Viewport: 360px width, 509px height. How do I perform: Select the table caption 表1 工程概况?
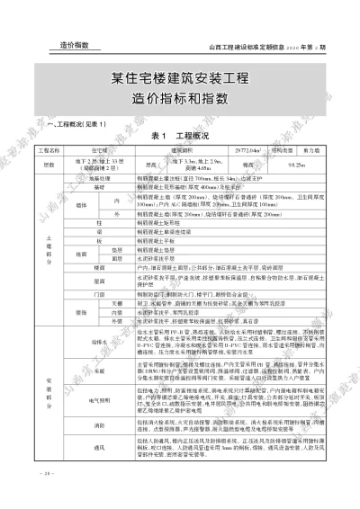180,135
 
